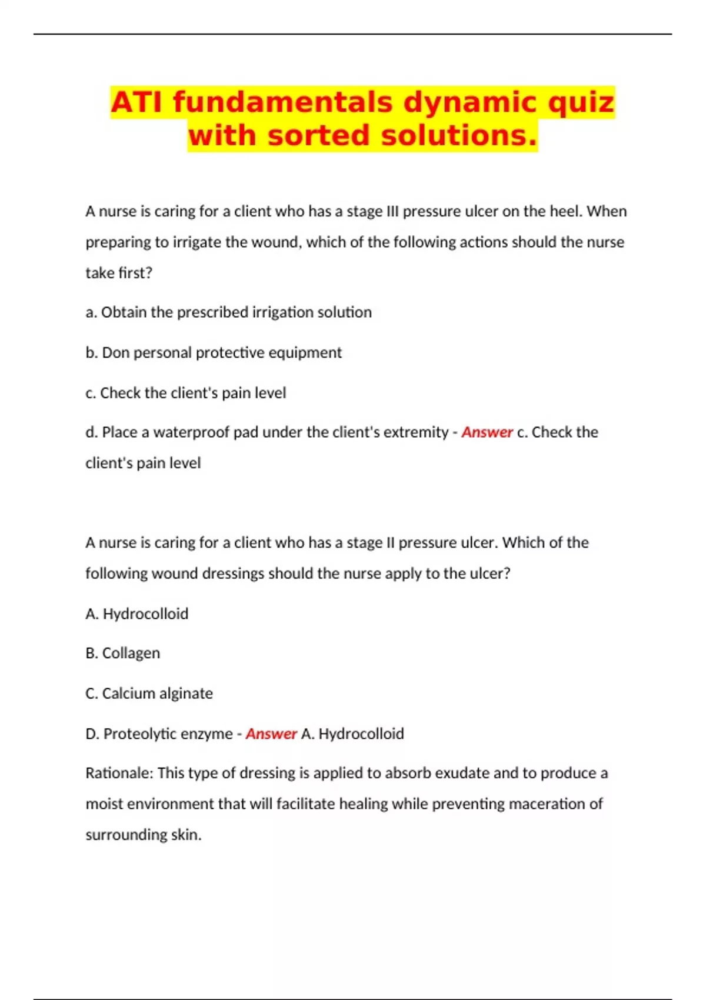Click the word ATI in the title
pyautogui.click(x=138, y=102)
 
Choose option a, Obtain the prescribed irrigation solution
pyautogui.click(x=228, y=312)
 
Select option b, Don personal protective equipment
pyautogui.click(x=214, y=352)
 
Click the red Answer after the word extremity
pyautogui.click(x=487, y=432)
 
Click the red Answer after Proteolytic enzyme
pyautogui.click(x=271, y=734)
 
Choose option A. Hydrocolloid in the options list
pyautogui.click(x=137, y=614)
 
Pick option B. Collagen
pyautogui.click(x=123, y=654)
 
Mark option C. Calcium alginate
pyautogui.click(x=149, y=694)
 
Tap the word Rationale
pyautogui.click(x=119, y=773)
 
